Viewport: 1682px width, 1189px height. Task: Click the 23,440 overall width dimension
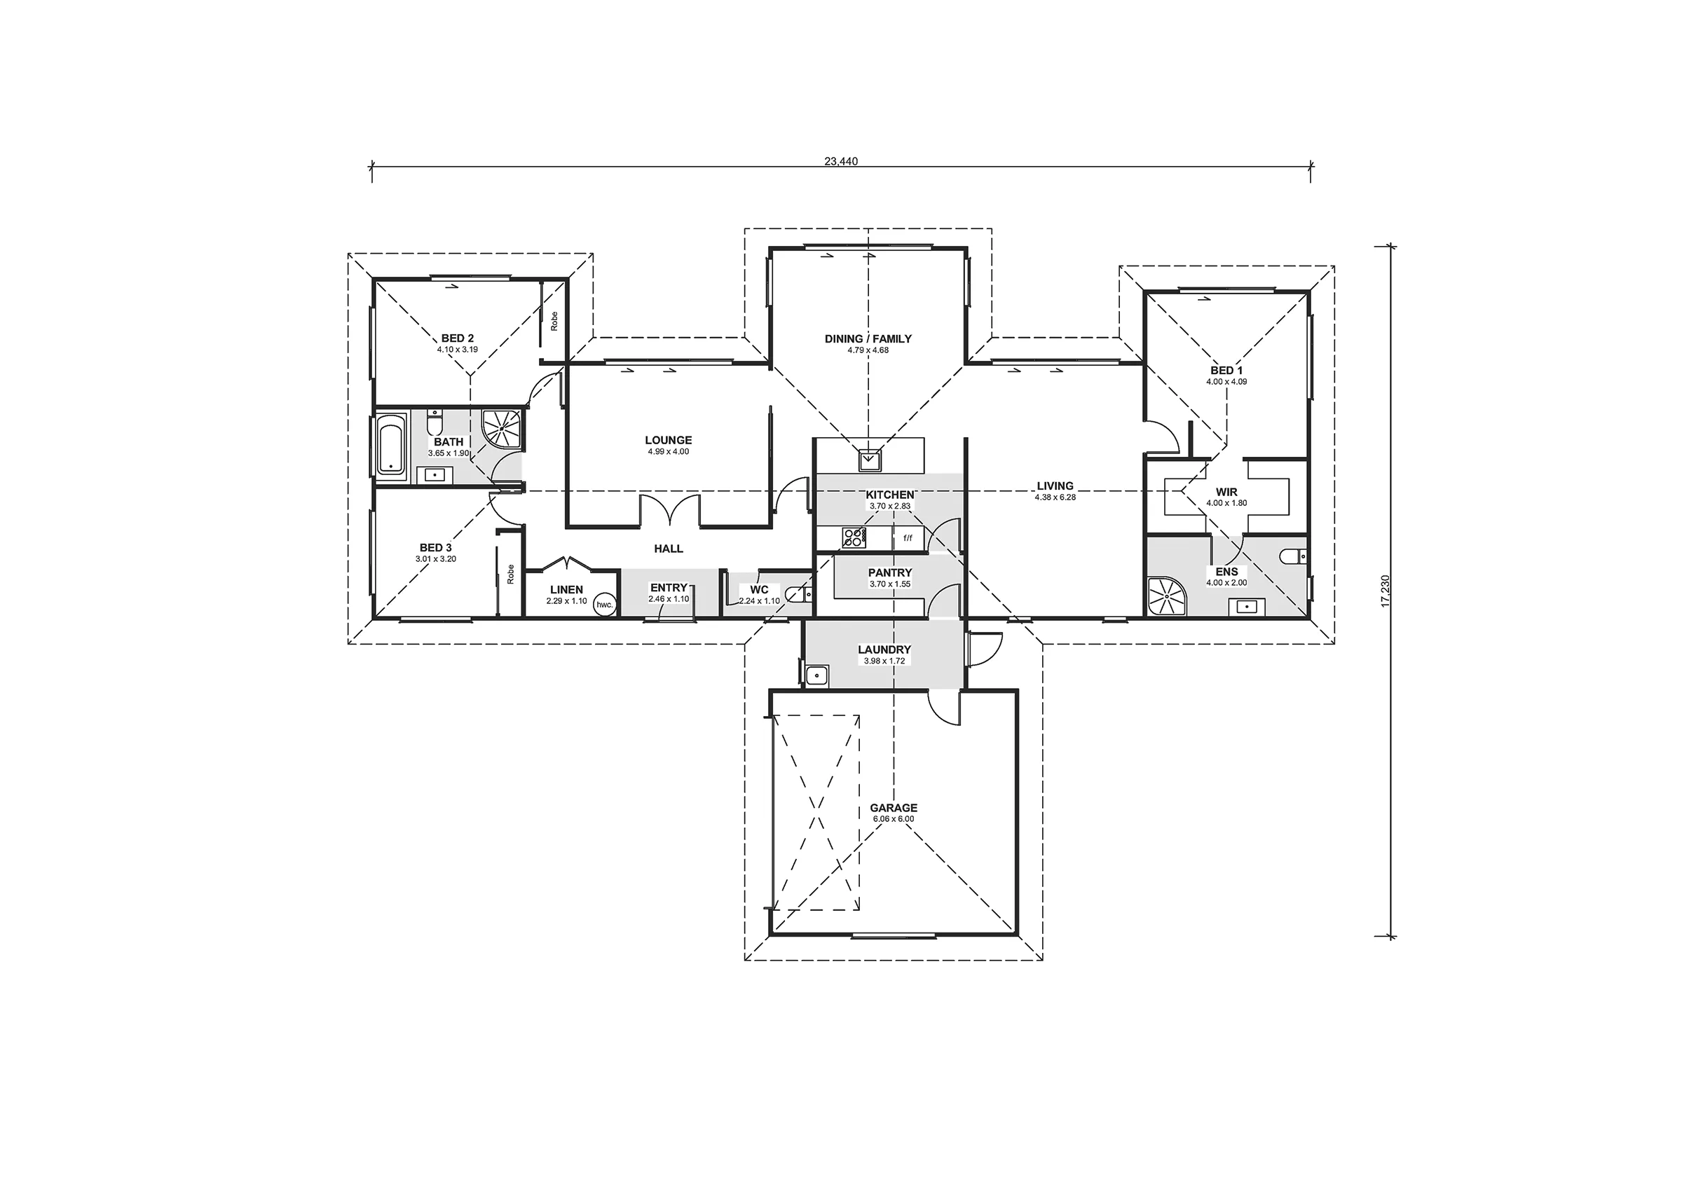point(840,161)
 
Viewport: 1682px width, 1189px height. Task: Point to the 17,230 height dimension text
point(1384,591)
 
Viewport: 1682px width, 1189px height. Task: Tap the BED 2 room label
point(457,338)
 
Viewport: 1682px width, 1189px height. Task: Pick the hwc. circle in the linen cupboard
point(604,605)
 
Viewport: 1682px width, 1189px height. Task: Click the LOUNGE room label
point(668,440)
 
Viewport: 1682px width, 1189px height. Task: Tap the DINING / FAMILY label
point(868,338)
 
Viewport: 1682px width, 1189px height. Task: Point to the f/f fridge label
point(908,539)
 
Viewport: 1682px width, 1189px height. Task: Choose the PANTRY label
point(890,573)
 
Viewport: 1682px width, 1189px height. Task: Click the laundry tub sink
point(816,676)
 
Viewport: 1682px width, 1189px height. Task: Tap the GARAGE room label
point(894,808)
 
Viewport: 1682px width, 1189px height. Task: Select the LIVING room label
point(1055,486)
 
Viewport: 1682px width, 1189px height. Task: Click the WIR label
point(1226,493)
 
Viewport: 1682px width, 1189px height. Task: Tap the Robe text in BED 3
point(511,574)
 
